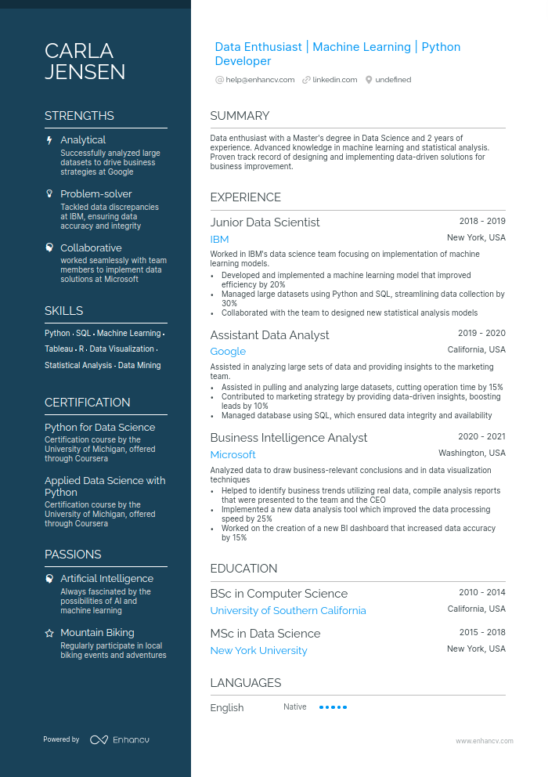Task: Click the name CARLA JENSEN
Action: point(85,62)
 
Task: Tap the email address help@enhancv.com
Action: point(260,80)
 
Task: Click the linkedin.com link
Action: point(334,80)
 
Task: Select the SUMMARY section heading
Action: point(240,116)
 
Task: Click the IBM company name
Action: point(219,240)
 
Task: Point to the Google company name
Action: point(228,352)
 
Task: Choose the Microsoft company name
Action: point(233,455)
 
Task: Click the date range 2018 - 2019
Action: point(482,222)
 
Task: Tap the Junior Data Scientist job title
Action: point(265,222)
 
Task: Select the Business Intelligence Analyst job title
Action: point(288,438)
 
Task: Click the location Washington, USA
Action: point(471,454)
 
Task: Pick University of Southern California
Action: point(288,611)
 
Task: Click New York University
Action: point(258,651)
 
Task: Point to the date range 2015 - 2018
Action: point(482,633)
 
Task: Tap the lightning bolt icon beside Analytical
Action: point(50,140)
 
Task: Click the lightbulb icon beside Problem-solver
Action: point(50,193)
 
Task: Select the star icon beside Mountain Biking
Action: point(50,633)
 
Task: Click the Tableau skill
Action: point(59,349)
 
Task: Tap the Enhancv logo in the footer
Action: point(119,739)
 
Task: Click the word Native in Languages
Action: point(295,707)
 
